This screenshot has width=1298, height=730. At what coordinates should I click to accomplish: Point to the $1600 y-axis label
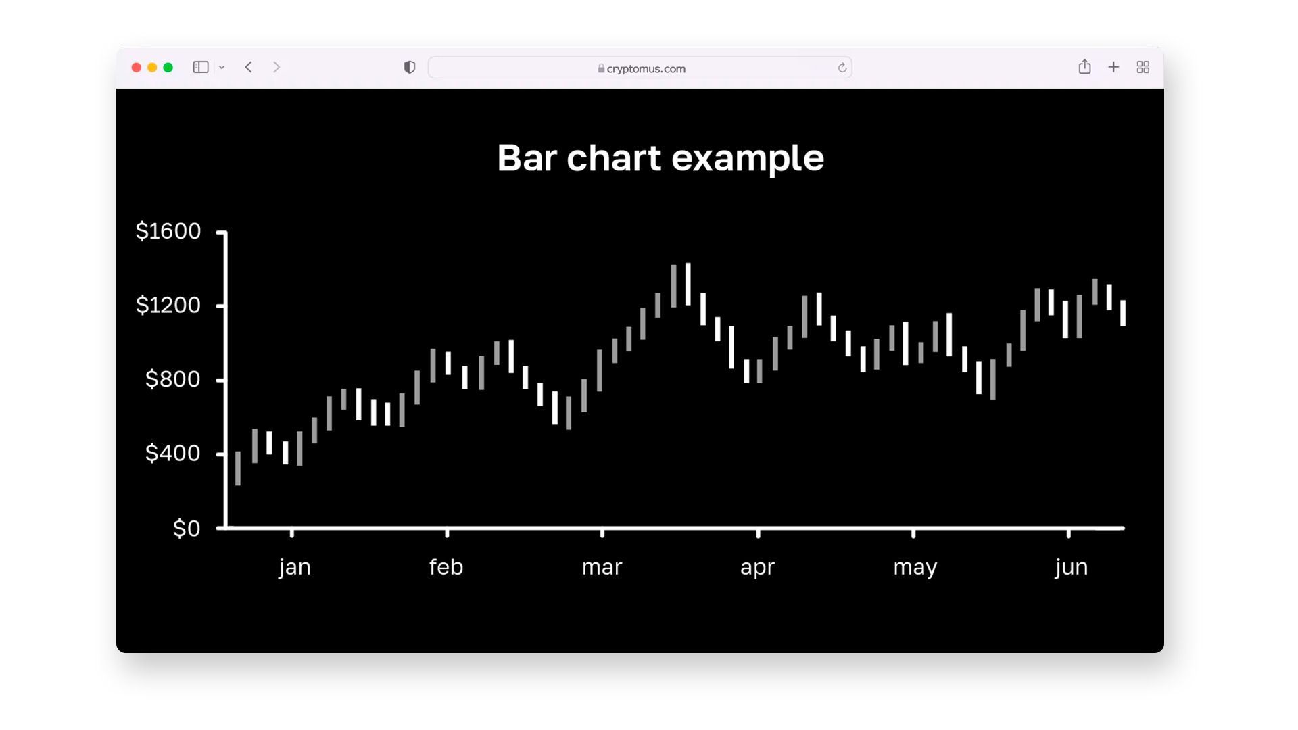(x=168, y=231)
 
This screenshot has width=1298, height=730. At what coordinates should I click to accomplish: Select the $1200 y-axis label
(x=168, y=305)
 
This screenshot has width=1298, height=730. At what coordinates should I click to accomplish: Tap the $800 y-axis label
(x=173, y=379)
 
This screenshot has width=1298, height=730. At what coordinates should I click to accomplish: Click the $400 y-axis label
(x=173, y=453)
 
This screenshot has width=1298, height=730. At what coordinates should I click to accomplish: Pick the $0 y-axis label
(x=187, y=528)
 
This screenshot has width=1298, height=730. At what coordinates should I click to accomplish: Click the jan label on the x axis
(x=295, y=566)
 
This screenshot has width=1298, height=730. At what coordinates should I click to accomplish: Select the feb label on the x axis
(x=446, y=566)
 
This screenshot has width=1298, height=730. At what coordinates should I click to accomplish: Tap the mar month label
(x=602, y=567)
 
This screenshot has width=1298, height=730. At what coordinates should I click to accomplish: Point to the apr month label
(x=757, y=568)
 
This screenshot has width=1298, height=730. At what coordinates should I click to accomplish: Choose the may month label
(x=915, y=568)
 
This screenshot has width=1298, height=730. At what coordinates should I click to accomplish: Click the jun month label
(x=1072, y=566)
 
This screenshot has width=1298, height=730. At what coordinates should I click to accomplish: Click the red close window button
(x=136, y=68)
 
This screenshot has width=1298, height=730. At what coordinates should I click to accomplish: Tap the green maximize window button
(x=168, y=68)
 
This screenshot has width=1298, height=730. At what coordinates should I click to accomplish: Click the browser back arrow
(x=249, y=67)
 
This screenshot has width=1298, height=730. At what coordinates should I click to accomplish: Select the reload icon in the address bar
(x=842, y=68)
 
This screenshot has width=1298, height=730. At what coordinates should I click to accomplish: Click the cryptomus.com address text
(x=646, y=68)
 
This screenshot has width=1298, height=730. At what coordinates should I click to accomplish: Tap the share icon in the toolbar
(x=1084, y=66)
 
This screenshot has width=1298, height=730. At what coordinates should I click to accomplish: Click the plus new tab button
(x=1113, y=67)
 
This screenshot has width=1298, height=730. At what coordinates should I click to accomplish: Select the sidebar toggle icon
(x=201, y=67)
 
